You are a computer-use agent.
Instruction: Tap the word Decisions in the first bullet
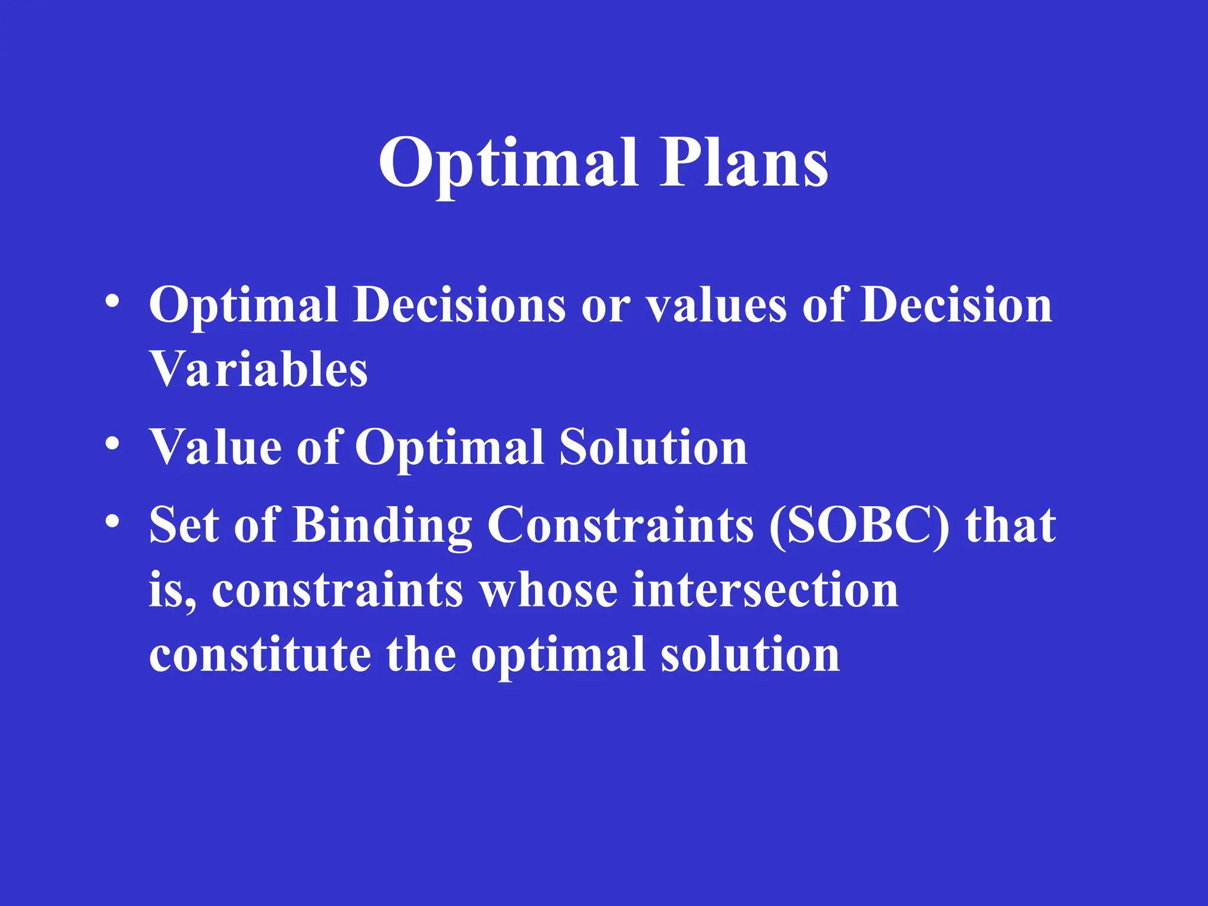click(459, 305)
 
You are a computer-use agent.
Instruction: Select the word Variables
click(258, 370)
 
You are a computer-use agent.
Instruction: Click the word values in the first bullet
click(717, 306)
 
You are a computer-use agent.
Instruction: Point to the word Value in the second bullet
click(215, 447)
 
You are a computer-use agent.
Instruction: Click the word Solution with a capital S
click(653, 447)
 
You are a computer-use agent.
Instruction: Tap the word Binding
click(382, 526)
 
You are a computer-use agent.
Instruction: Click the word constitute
click(260, 655)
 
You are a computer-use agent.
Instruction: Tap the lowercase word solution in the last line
click(750, 655)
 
